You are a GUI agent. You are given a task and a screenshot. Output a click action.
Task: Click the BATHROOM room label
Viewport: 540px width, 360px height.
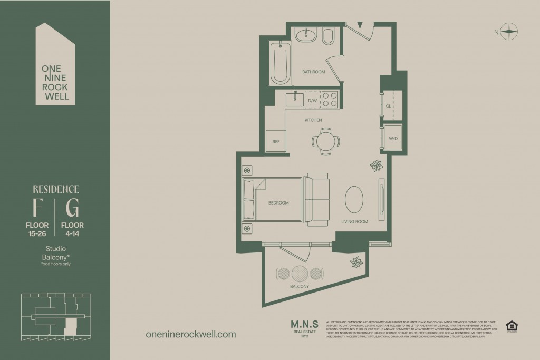click(x=313, y=72)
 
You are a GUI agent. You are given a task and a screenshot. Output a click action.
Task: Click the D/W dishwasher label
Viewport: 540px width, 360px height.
click(x=312, y=100)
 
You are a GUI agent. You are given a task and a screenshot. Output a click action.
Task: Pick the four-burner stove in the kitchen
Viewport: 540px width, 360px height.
click(x=330, y=100)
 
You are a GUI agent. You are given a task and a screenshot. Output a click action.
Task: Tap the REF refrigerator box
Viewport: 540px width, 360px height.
click(x=275, y=141)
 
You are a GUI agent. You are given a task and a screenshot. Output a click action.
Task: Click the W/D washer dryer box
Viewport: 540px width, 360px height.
click(x=393, y=138)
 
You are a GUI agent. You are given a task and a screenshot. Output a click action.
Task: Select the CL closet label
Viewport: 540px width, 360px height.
click(x=388, y=106)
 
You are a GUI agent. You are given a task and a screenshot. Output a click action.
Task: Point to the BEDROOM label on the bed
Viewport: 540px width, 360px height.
click(x=278, y=203)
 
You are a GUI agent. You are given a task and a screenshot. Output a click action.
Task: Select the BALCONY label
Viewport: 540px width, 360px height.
click(x=298, y=286)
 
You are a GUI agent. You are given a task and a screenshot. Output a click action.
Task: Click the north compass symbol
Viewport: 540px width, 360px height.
click(x=509, y=32)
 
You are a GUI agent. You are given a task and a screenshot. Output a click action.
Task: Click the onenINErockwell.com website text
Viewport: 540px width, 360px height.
click(x=190, y=334)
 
